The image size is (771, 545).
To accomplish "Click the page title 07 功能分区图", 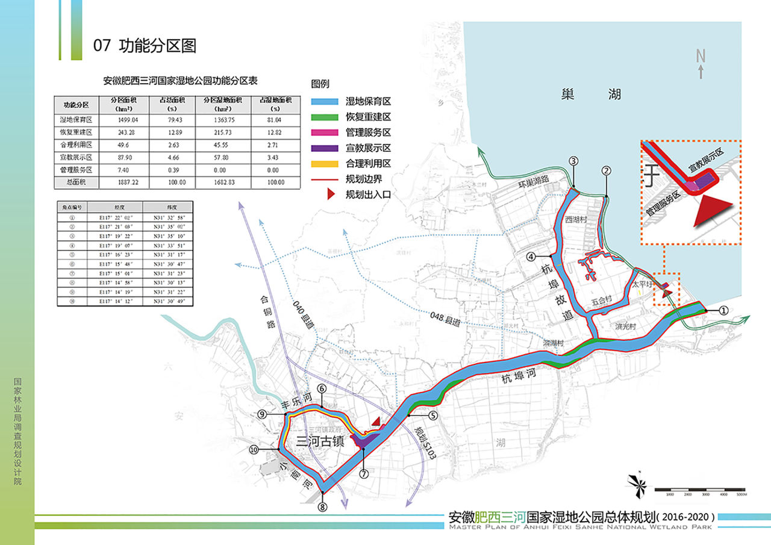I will (x=145, y=46).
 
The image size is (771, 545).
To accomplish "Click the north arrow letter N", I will (x=701, y=56).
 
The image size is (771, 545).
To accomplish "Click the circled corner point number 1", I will (x=723, y=310).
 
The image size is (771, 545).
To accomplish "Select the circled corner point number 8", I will (x=323, y=506).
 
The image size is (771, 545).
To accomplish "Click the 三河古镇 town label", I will (x=320, y=440).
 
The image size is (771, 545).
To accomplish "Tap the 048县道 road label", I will (x=446, y=319).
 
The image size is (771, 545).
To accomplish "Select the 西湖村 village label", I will (x=575, y=220).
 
